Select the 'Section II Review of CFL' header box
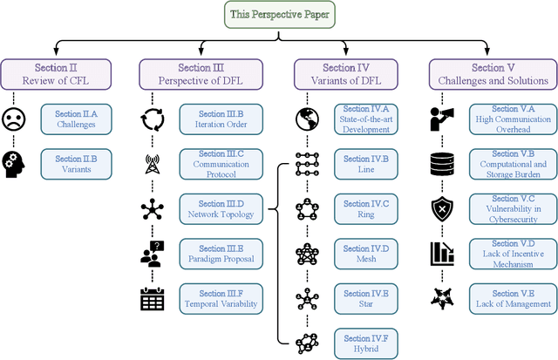tap(56, 74)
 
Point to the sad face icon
tap(14, 119)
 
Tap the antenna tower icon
tap(153, 164)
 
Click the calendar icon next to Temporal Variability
tap(153, 298)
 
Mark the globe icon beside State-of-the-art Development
tap(307, 119)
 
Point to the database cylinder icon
tap(443, 164)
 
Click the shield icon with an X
tap(443, 208)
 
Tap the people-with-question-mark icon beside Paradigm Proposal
tap(153, 254)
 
